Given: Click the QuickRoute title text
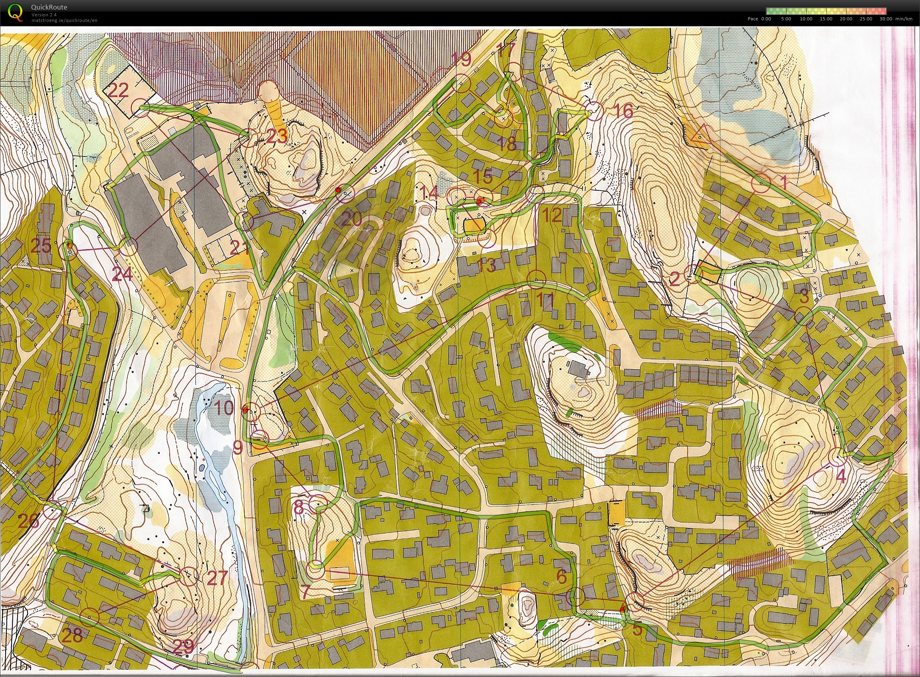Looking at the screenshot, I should (x=49, y=7).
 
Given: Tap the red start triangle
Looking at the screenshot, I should (x=700, y=136).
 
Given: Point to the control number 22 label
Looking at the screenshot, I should (x=119, y=90).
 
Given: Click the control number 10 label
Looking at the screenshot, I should (x=224, y=408).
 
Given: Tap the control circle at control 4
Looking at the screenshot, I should (x=838, y=457).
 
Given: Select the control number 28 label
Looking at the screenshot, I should (x=72, y=635).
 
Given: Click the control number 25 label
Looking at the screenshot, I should (x=41, y=245).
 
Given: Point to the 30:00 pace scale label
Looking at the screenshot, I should (x=886, y=19).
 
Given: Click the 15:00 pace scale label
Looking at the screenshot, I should (x=826, y=19).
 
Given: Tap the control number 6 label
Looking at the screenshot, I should (x=561, y=576).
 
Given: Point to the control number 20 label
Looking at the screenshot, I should (x=351, y=220).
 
